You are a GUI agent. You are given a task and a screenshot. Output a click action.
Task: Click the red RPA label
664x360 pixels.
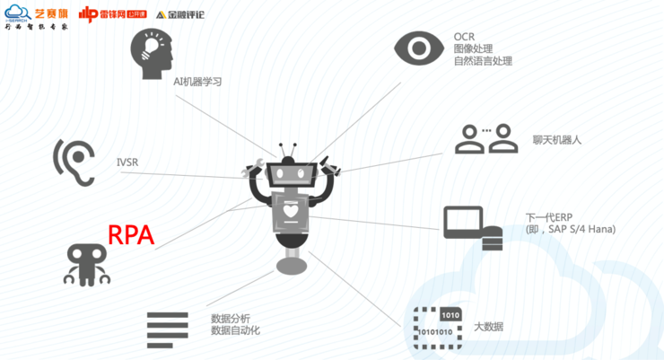131,235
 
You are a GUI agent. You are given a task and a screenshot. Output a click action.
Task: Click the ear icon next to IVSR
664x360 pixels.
74,161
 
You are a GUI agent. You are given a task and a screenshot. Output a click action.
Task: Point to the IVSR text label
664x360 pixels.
127,162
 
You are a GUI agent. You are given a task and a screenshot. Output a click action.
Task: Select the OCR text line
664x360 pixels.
464,37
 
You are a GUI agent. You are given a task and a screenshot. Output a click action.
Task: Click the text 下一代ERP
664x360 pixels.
549,217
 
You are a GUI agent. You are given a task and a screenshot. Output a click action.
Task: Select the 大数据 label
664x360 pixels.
488,326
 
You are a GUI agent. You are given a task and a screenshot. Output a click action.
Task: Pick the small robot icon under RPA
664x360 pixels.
87,263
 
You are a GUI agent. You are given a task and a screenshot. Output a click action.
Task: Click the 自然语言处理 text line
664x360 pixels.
483,61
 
